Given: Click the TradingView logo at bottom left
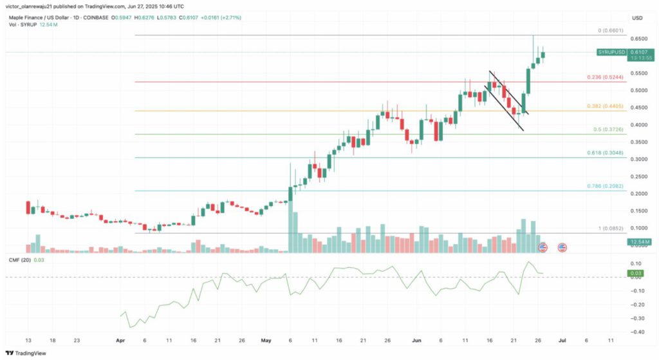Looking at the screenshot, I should tap(26, 353).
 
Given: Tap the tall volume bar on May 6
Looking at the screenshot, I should tap(292, 220).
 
